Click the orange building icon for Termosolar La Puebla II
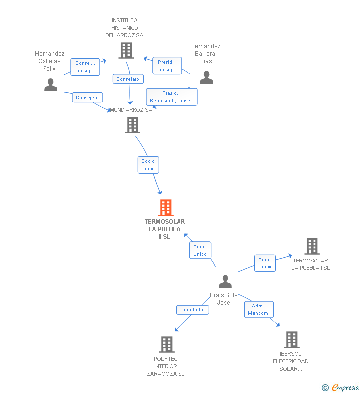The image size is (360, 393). coord(166,208)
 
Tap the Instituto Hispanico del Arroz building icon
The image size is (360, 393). coord(126,50)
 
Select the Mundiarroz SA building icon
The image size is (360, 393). coord(133,125)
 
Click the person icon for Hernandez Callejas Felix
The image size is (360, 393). coord(50,85)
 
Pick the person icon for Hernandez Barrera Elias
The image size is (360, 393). coord(206,77)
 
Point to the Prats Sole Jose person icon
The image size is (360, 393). coord(225,281)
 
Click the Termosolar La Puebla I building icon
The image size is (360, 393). coord(312,246)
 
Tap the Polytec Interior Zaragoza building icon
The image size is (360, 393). coord(167,345)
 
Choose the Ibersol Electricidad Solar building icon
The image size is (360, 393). coord(292,340)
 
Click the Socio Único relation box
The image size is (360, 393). coord(148,165)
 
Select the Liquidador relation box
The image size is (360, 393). coord(192,310)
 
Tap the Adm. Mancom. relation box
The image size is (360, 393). coord(259,309)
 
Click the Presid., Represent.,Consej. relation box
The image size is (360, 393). coord(172,97)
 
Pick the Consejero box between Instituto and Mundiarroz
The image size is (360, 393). coord(128,79)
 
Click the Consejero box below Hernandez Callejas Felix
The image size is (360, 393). coord(88,97)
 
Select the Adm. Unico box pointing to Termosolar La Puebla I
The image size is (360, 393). coord(265,263)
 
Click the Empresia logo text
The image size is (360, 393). coord(346,387)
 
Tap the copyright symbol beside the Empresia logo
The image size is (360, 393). coord(325,388)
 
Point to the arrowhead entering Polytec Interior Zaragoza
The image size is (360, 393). coord(176,330)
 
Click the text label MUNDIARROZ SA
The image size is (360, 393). coord(131,110)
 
